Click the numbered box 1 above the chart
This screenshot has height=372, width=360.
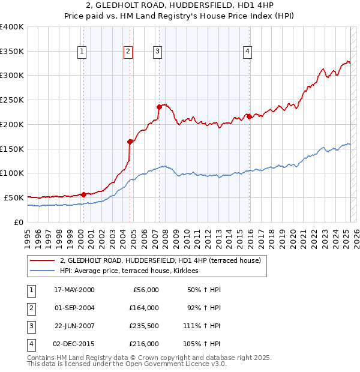(x=82, y=52)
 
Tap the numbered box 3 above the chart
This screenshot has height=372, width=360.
(x=157, y=52)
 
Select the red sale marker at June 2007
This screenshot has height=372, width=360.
(x=159, y=107)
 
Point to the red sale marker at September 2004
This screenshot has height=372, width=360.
(x=130, y=142)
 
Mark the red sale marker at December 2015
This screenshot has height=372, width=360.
(x=250, y=116)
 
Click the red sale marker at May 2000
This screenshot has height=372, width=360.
(x=83, y=194)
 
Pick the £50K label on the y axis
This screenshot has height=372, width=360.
(x=14, y=197)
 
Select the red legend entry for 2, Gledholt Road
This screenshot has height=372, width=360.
(x=160, y=261)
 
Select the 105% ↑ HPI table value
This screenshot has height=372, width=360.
(x=206, y=344)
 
